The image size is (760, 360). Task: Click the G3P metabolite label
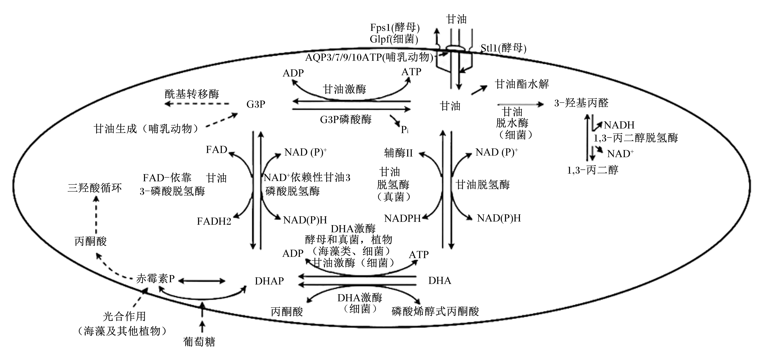click(256, 104)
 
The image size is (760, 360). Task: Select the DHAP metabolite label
click(269, 281)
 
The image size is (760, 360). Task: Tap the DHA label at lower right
click(440, 280)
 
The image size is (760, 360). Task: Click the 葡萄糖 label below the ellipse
click(199, 342)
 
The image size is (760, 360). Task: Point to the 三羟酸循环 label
click(94, 188)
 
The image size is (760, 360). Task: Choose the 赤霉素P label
click(155, 279)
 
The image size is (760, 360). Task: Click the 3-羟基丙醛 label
click(581, 103)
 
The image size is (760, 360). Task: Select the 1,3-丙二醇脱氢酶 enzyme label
click(636, 138)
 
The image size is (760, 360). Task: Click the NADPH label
click(402, 218)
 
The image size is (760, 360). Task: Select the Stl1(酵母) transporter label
click(503, 48)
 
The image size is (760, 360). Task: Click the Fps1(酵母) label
click(395, 27)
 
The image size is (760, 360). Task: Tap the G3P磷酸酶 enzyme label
click(346, 119)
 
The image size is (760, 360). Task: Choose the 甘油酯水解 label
click(522, 84)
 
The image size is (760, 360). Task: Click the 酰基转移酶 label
click(192, 94)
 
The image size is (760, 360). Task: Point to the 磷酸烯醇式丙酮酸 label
click(435, 311)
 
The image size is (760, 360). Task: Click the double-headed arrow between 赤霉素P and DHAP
click(202, 281)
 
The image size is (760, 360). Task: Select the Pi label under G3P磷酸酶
click(405, 130)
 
